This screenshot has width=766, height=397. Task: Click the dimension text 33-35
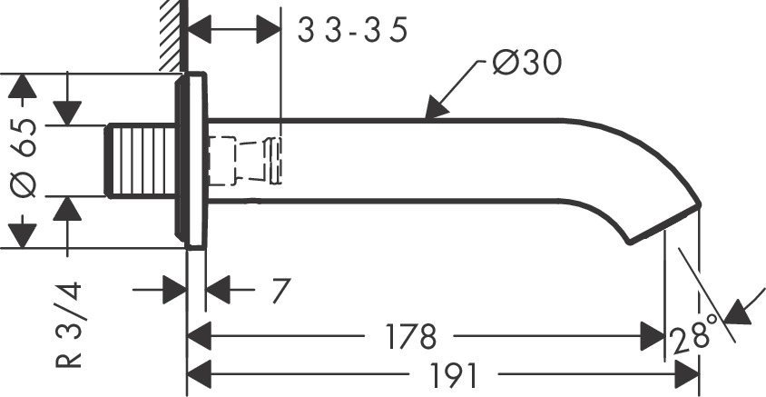(353, 30)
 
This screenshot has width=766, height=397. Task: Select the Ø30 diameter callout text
(526, 63)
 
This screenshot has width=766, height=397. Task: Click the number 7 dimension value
(280, 292)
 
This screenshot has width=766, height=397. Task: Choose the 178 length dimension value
(409, 336)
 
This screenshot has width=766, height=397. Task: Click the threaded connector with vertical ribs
(141, 160)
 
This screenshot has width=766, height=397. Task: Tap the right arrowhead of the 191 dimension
(688, 373)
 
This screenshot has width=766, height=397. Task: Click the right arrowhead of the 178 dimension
(653, 336)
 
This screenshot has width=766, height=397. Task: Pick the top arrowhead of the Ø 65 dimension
(25, 87)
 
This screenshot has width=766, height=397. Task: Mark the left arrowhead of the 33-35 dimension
(201, 30)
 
